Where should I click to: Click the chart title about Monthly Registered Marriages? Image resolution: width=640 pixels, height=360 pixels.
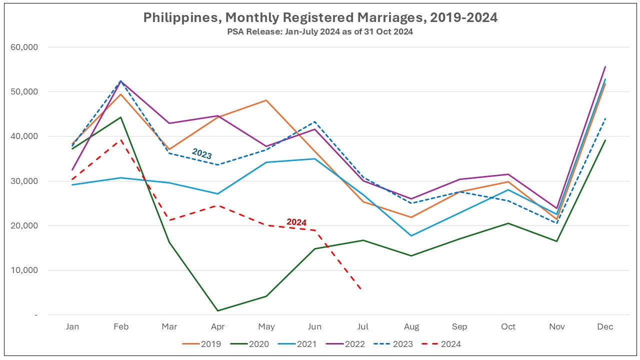320,17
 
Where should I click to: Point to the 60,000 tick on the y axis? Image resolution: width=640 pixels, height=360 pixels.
24,47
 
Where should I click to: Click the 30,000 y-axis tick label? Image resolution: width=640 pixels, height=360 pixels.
24,181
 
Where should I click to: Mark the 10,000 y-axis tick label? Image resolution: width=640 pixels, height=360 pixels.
24,270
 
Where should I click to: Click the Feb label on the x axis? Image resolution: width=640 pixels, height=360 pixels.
121,327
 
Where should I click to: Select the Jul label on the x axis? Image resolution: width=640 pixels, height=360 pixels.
363,327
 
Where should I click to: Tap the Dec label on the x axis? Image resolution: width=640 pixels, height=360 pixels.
605,327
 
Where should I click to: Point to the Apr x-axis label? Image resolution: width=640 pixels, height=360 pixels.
217,327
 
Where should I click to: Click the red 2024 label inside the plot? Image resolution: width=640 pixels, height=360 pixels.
296,222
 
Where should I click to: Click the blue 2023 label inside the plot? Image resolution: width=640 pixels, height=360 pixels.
202,154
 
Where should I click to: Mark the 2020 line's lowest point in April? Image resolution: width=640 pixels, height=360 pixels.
218,310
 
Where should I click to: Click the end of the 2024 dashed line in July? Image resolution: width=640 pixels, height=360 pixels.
361,289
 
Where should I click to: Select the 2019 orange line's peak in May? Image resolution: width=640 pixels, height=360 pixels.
266,100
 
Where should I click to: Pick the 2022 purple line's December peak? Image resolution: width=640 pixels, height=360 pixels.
605,66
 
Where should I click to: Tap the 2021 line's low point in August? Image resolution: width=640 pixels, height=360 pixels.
411,235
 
